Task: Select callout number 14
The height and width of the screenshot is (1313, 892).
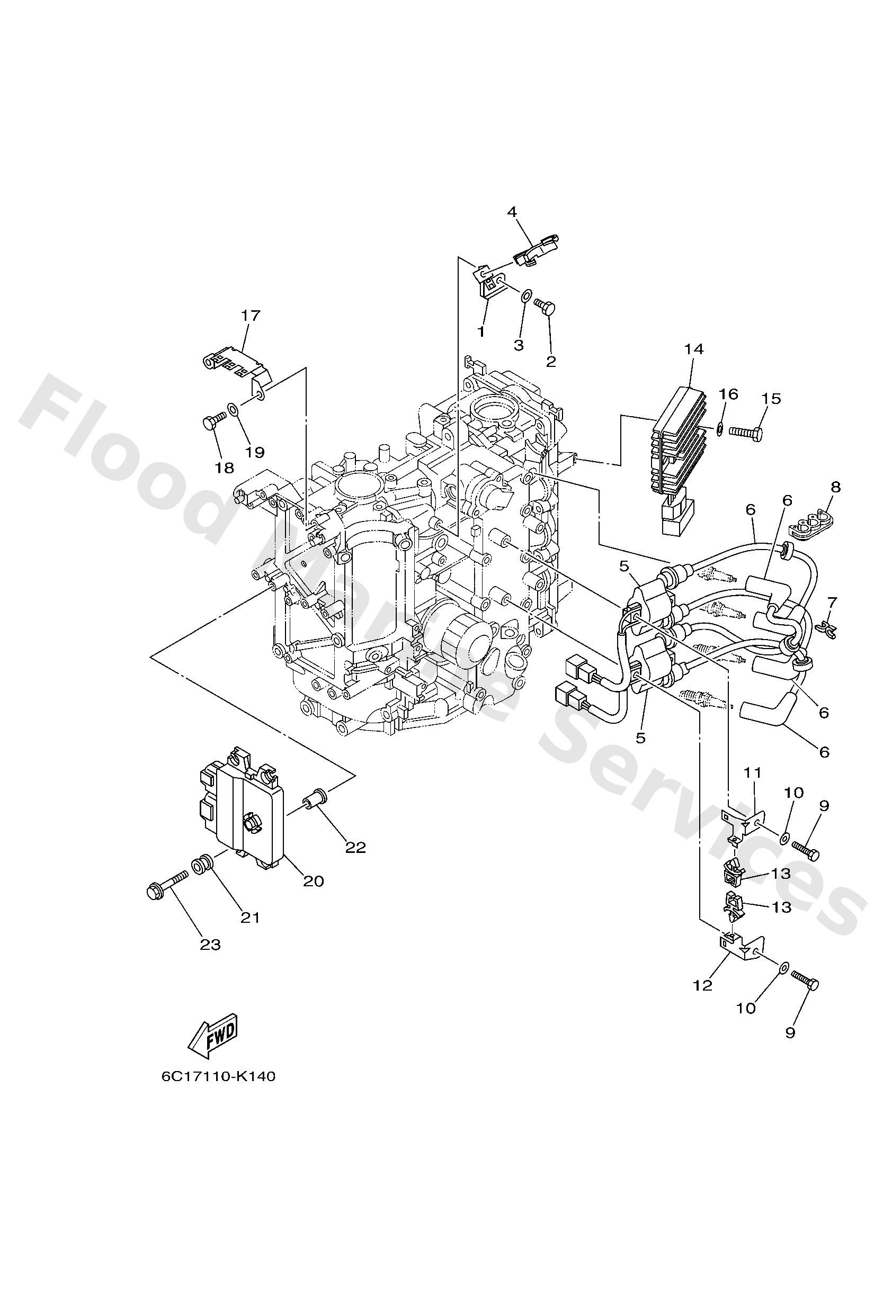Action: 693,349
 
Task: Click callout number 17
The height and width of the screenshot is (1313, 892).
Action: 251,315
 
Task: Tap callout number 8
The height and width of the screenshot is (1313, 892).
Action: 835,487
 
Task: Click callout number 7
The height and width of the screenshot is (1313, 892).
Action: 832,601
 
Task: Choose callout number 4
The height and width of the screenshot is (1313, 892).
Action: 512,212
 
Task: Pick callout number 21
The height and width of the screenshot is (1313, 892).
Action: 251,918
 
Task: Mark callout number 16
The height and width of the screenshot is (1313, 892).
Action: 729,394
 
